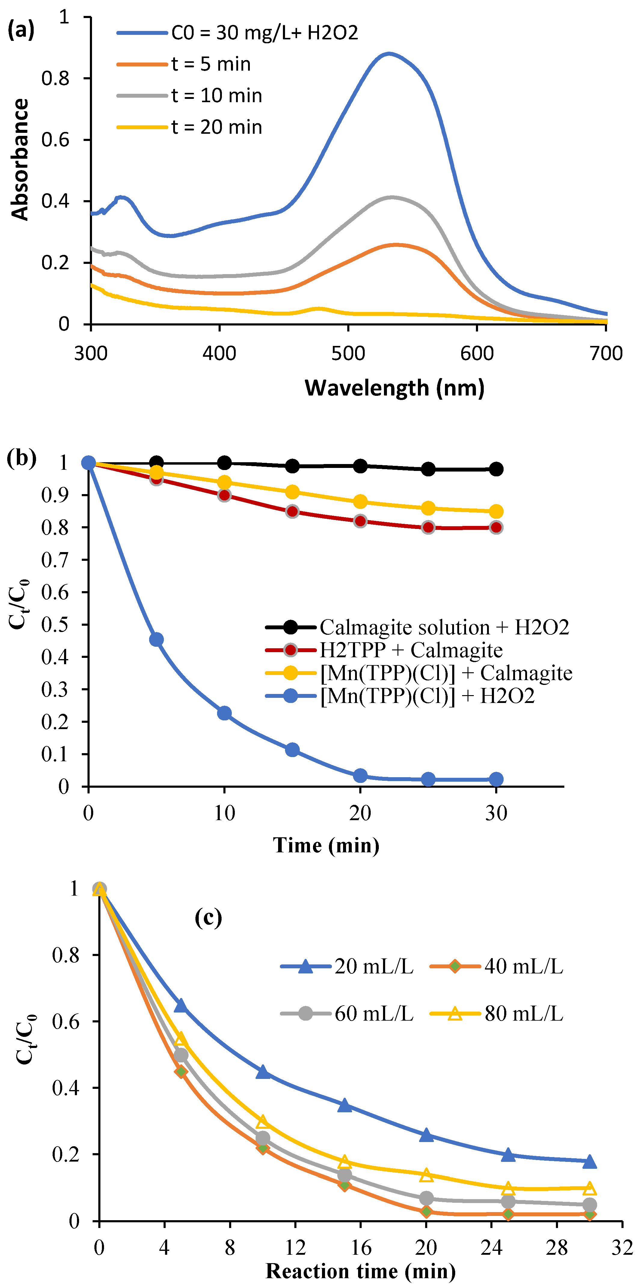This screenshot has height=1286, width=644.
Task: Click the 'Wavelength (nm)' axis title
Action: point(394,388)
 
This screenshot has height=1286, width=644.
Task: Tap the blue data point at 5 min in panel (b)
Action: point(156,640)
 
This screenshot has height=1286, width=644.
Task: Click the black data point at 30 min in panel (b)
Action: point(496,469)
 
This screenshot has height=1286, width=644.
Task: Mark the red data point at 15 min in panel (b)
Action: point(292,511)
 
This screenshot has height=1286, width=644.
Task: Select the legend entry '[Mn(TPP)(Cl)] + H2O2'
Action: point(427,695)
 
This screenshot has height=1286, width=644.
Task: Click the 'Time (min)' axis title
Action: point(326,845)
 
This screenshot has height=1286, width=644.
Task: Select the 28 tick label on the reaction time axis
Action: point(557,1247)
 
